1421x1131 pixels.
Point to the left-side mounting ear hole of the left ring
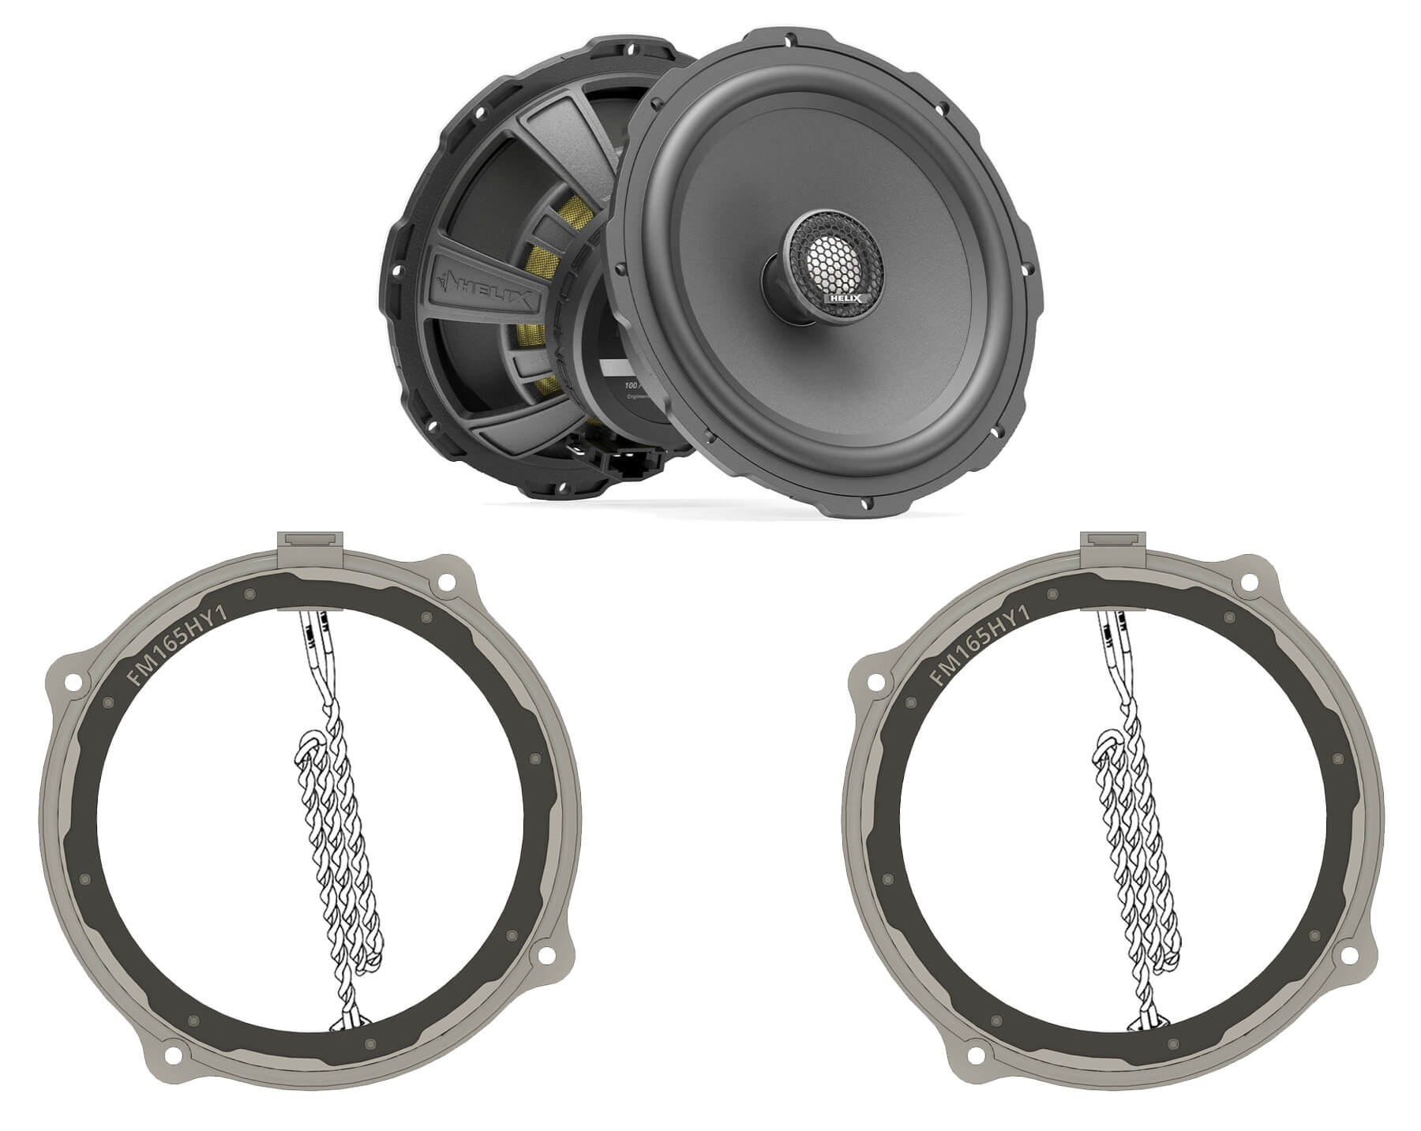pos(71,680)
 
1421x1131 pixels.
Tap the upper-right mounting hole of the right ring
pos(1249,583)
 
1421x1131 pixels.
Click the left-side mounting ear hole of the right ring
pos(875,680)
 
